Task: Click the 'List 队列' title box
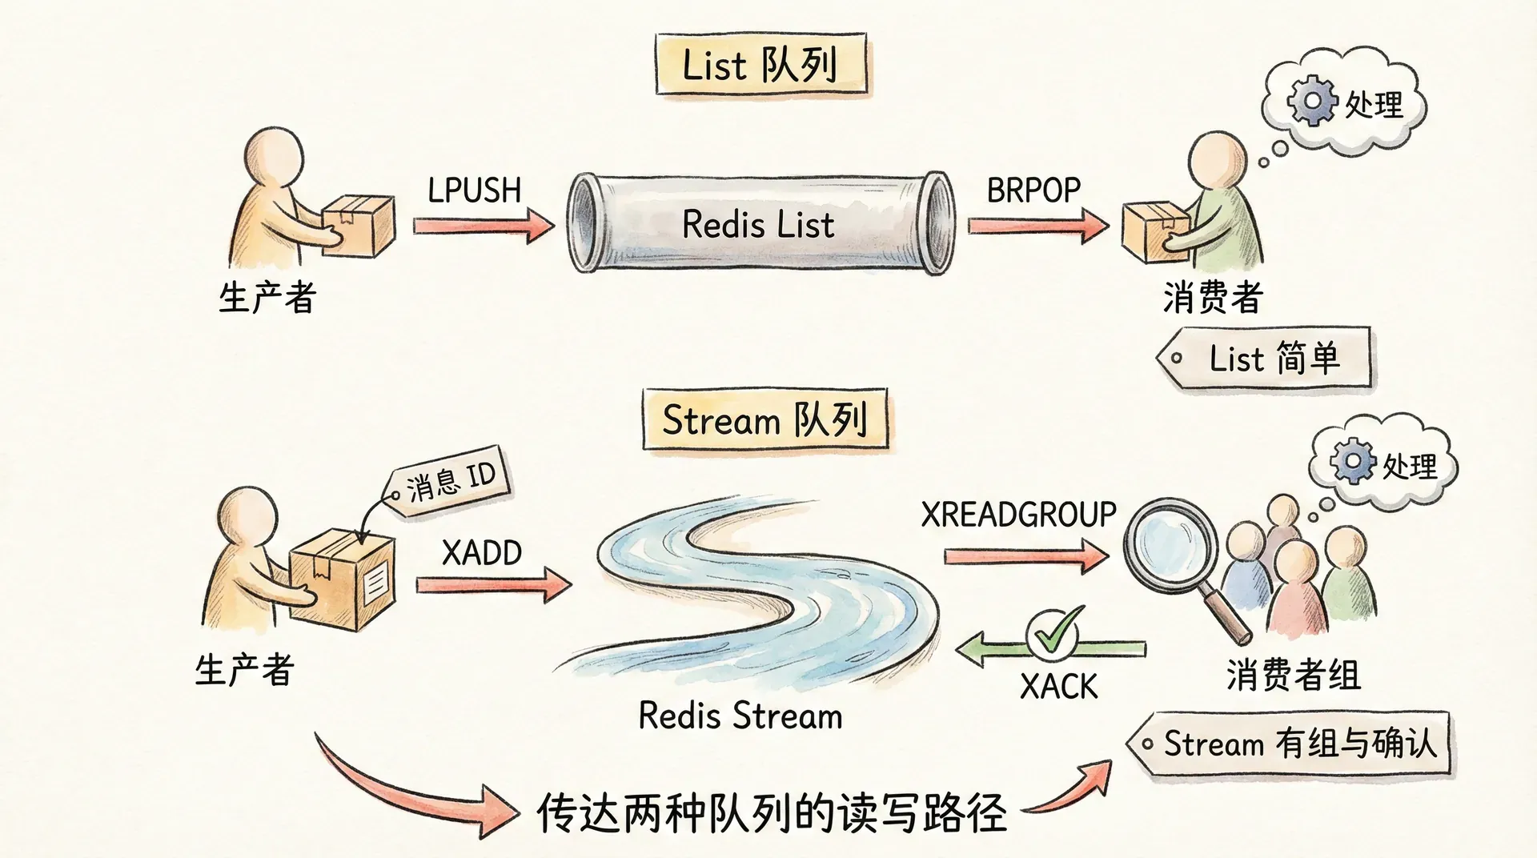tap(760, 65)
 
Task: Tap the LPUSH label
tap(474, 190)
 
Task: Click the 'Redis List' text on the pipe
tap(758, 224)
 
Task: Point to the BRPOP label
tap(1033, 190)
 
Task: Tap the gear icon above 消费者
tap(1311, 101)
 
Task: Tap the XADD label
tap(482, 553)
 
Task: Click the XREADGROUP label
tap(1018, 515)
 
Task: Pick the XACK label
tap(1058, 687)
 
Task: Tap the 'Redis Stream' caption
tap(740, 716)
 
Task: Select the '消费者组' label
tap(1293, 675)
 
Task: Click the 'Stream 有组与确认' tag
tap(1292, 744)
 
